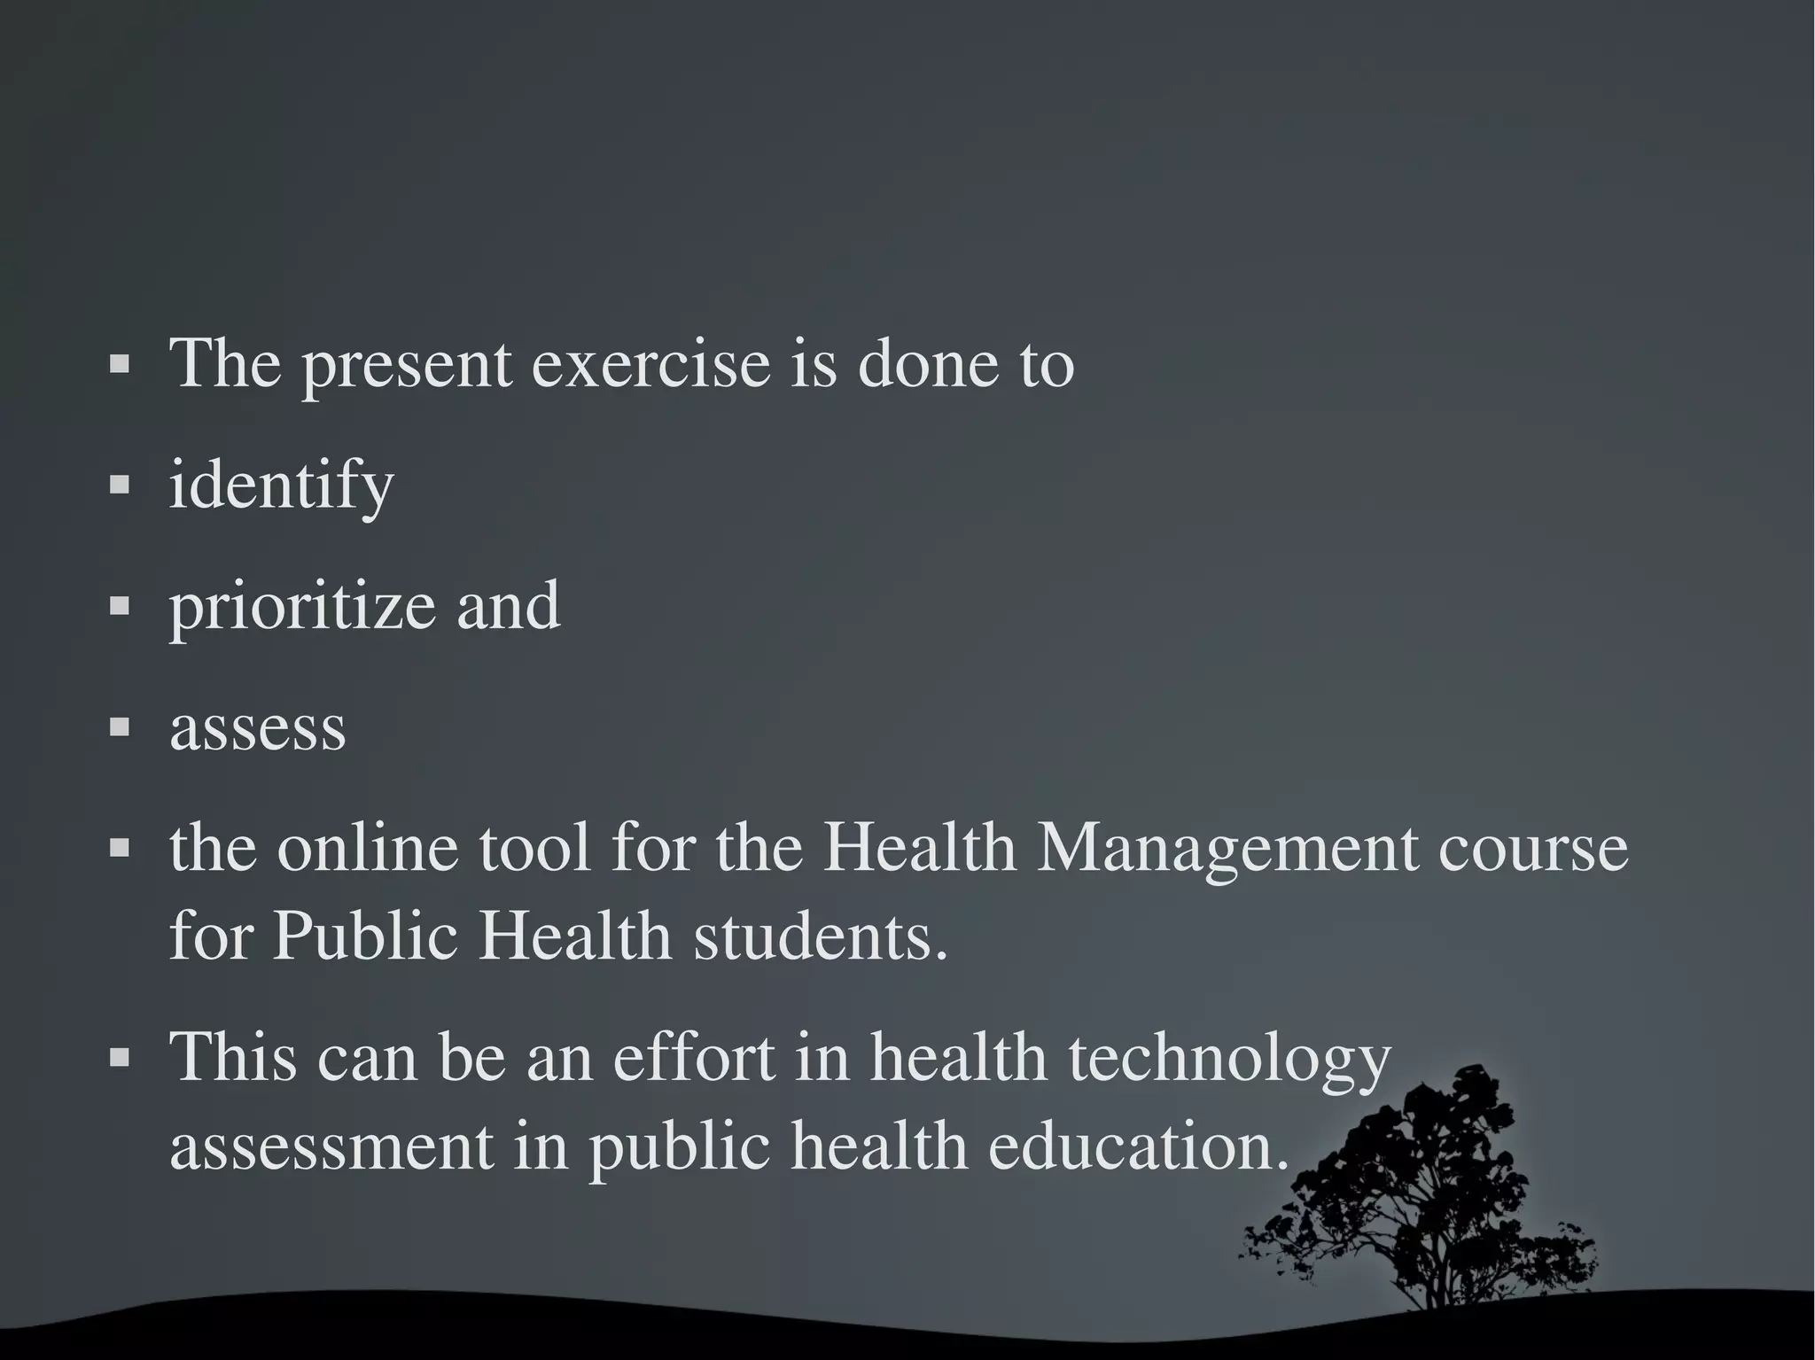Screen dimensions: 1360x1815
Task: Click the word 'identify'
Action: pos(281,486)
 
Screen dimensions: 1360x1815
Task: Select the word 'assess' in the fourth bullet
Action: pos(257,728)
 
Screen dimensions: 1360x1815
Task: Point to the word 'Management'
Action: pos(1227,849)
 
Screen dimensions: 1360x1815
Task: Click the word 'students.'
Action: pos(821,936)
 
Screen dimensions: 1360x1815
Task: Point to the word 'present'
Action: pos(407,365)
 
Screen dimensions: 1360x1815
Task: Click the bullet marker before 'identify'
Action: pos(120,485)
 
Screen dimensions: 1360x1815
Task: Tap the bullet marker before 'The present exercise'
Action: pos(120,363)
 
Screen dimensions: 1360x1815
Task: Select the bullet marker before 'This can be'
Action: pos(120,1057)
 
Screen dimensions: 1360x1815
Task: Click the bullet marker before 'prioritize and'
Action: pos(120,606)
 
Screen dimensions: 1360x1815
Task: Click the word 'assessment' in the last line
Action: pos(331,1146)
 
